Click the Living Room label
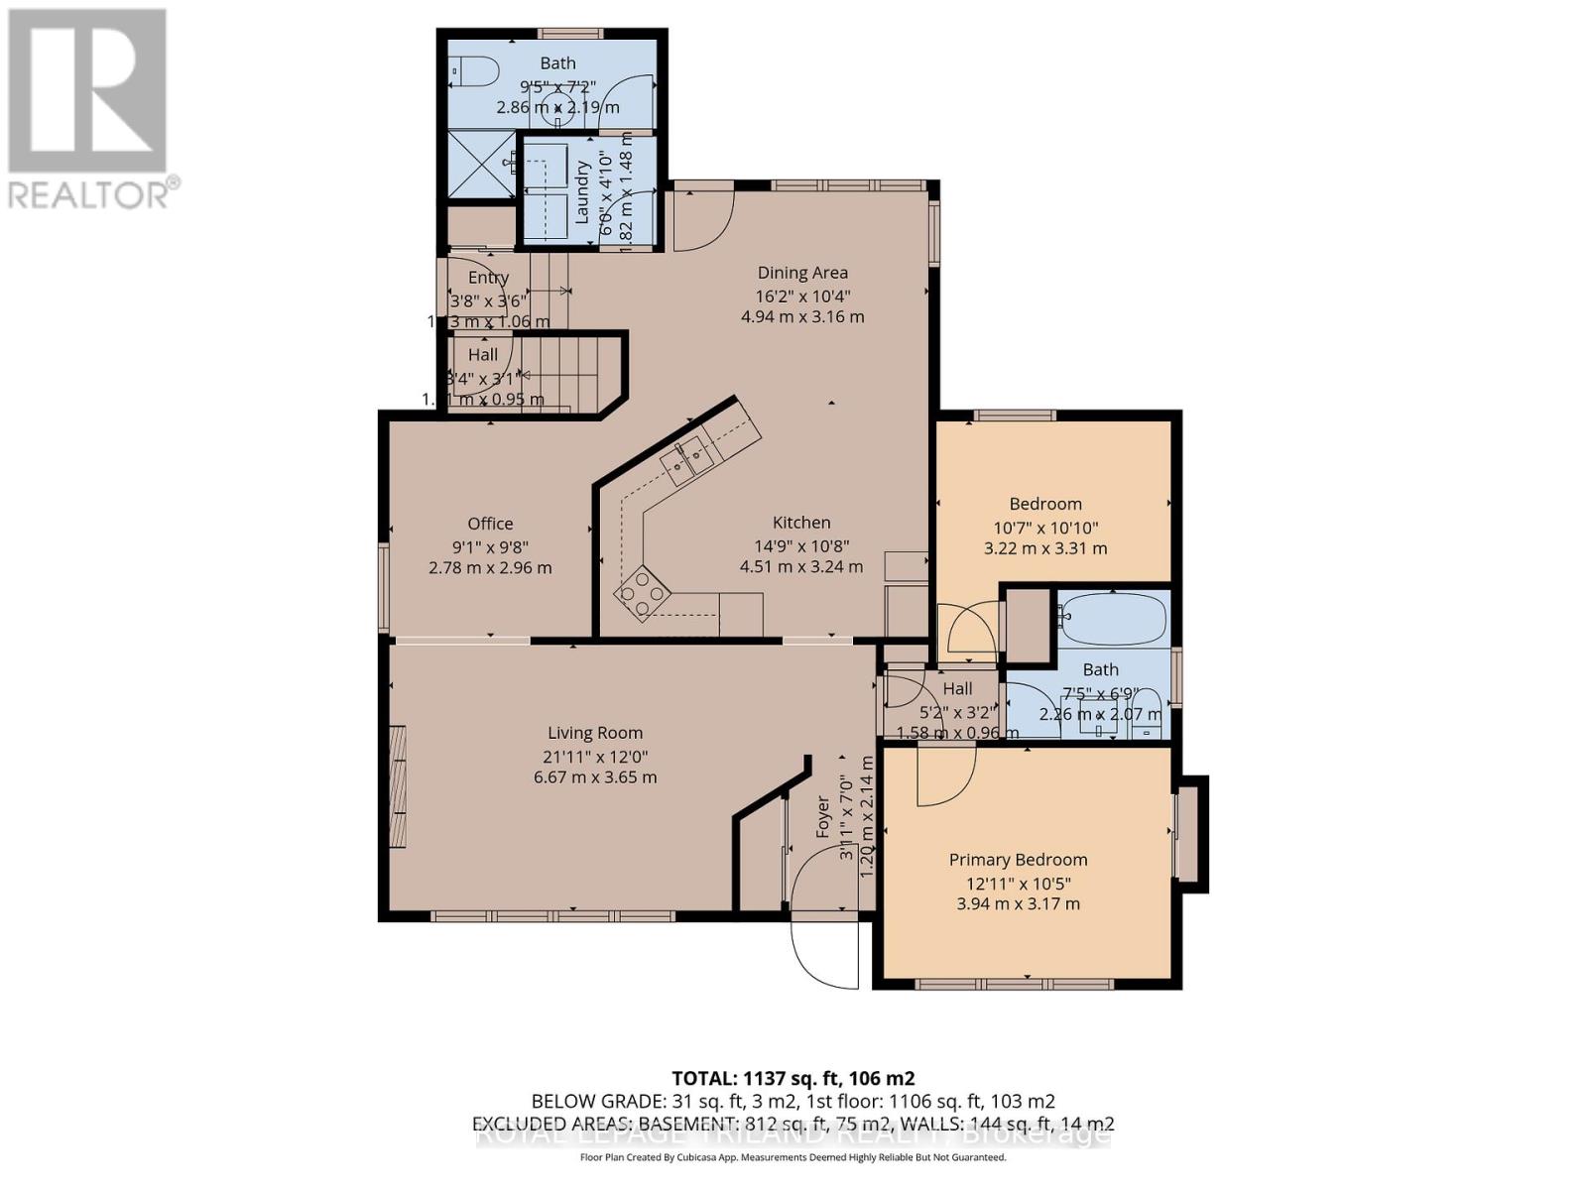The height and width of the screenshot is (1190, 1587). (x=595, y=733)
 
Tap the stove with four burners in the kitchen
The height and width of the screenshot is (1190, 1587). (x=641, y=593)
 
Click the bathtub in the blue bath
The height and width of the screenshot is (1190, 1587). (x=1113, y=617)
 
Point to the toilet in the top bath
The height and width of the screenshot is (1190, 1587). (x=476, y=71)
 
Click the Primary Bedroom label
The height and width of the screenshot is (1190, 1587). (x=1018, y=860)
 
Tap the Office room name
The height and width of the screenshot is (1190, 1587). (x=490, y=524)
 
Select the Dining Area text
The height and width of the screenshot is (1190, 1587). (x=802, y=273)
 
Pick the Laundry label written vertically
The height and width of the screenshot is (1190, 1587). (x=582, y=192)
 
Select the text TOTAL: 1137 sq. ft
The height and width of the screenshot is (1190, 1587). (x=793, y=1078)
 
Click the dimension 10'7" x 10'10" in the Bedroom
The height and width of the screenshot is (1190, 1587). (x=1045, y=527)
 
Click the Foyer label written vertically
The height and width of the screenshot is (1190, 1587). (x=822, y=817)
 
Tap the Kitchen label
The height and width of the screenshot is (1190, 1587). (x=801, y=523)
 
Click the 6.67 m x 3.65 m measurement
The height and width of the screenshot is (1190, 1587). (x=595, y=777)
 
